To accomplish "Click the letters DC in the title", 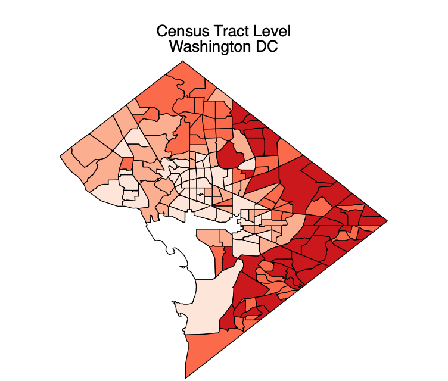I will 266,47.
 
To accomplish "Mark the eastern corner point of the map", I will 388,220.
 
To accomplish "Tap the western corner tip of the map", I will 60,157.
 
